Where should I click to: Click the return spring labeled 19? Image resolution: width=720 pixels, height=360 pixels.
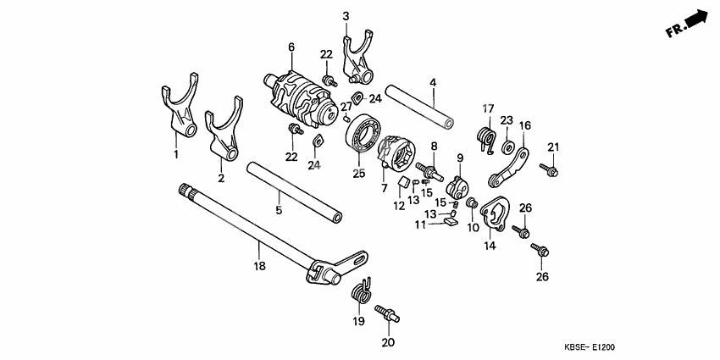click(362, 291)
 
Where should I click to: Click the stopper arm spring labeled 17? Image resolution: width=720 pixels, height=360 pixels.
click(488, 138)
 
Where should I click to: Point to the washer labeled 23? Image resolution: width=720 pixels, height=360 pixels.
click(508, 147)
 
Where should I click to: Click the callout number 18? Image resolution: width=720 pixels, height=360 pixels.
click(259, 266)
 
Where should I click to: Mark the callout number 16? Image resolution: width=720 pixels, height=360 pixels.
click(524, 126)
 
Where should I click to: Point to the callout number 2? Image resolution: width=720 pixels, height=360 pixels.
click(221, 179)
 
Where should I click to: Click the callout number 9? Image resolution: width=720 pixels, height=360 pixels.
click(460, 158)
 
